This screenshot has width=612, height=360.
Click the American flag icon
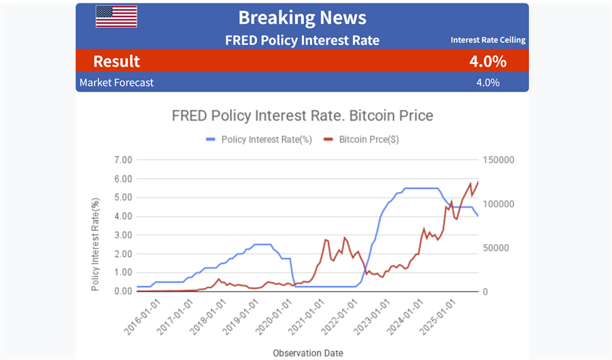pos(116,16)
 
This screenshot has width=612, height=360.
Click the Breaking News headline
pos(302,18)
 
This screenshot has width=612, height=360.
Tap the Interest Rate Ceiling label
pos(488,40)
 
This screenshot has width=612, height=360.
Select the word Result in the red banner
pos(116,61)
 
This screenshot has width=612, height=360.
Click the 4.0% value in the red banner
pos(488,61)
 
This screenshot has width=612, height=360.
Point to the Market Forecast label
pos(116,82)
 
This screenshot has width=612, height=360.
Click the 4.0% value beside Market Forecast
pos(488,82)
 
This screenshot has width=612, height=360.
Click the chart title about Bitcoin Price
pos(302,115)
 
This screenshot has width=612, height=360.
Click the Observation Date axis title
pos(308,353)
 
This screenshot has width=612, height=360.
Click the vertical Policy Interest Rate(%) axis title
pos(96,244)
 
